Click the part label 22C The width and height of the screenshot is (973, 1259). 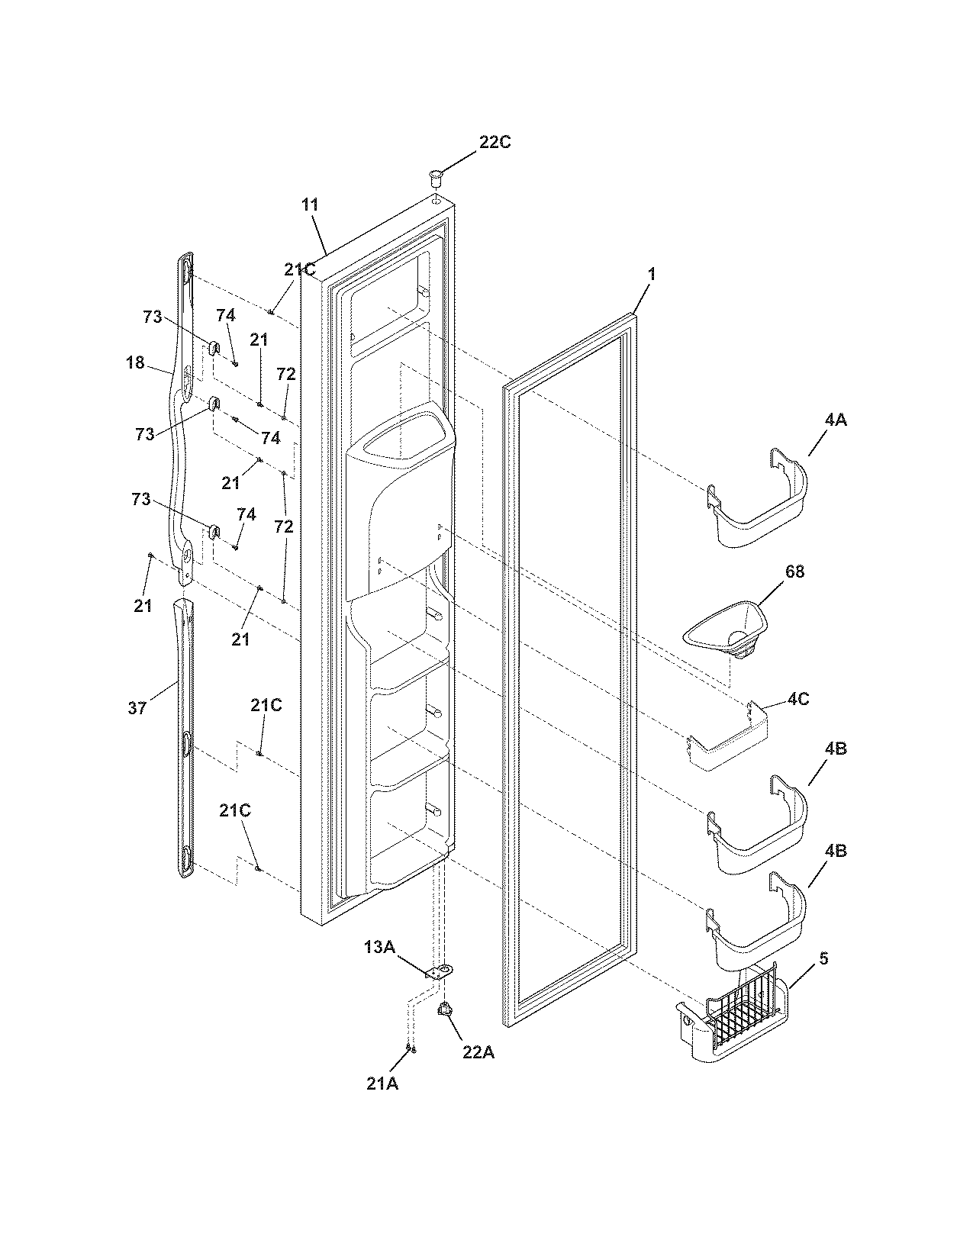point(495,143)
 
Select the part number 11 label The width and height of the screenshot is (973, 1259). point(310,204)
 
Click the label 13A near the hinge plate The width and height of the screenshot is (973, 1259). point(379,947)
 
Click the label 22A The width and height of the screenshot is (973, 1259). point(478,1052)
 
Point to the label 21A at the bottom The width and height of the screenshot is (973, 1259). point(382,1084)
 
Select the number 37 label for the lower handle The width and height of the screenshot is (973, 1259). point(137,708)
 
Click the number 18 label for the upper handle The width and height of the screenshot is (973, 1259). point(135,363)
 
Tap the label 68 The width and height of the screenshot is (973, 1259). point(794,572)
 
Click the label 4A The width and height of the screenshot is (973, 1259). point(835,420)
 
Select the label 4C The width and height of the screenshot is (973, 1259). point(798,698)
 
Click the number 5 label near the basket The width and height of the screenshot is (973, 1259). point(823,958)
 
